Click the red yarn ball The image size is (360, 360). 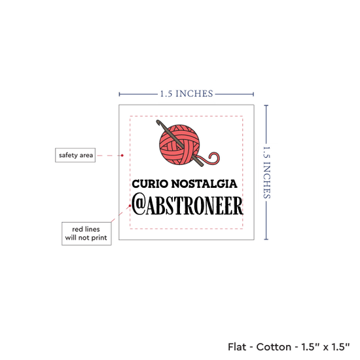pos(179,145)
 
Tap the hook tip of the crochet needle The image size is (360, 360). pos(158,122)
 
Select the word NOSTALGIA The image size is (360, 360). pos(204,184)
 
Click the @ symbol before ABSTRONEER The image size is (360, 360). pos(139,206)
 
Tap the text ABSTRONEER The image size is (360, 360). pos(194,206)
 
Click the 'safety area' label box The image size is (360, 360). pos(75,155)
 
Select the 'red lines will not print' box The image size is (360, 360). pos(86,234)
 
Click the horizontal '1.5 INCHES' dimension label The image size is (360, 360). pos(187,94)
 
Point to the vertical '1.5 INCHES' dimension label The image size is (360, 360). pos(266,172)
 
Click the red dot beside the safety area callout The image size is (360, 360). pos(122,155)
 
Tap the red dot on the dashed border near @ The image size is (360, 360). pos(130,206)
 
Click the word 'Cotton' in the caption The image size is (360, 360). pos(274,347)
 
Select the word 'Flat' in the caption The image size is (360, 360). pos(237,347)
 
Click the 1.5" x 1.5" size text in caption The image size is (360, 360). pos(325,347)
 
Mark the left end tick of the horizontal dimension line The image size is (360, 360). pos(119,94)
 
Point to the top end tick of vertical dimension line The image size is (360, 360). pos(266,105)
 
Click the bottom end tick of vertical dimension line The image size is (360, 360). pos(266,240)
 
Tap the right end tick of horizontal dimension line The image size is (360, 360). pos(253,94)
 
